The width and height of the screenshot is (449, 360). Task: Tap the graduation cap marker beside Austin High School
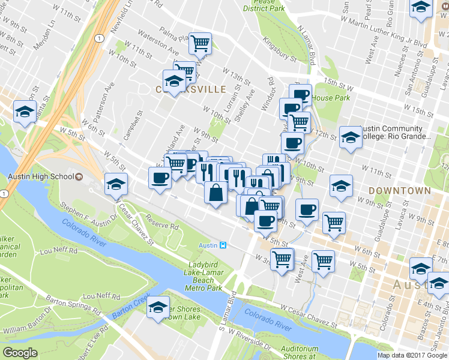coord(116,184)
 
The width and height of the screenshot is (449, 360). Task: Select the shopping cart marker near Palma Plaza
coord(200,42)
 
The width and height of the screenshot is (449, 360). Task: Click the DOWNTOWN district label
coord(400,190)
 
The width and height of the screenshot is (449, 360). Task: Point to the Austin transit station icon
coord(222,245)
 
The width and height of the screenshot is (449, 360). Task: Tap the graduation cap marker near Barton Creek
coord(158,307)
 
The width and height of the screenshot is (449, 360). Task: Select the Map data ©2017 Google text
coord(412,355)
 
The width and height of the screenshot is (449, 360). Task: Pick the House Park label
coord(331,98)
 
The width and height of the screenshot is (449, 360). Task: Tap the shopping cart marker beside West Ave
coord(323,260)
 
